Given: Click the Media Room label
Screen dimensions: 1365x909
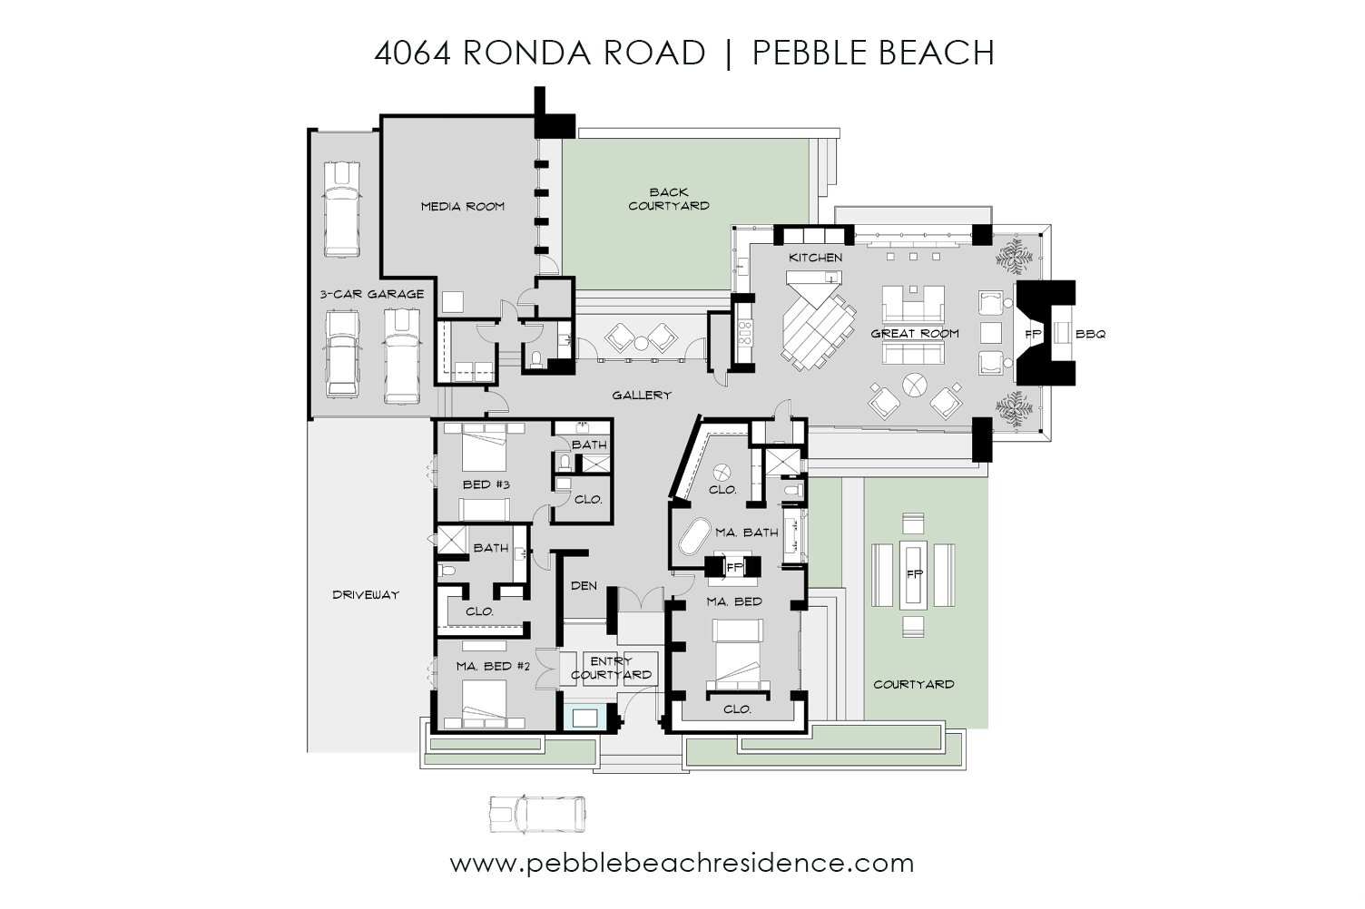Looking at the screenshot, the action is click(x=463, y=207).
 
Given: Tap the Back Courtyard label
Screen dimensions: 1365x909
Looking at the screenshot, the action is click(x=669, y=200).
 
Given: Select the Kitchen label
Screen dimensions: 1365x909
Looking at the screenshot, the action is click(x=815, y=258).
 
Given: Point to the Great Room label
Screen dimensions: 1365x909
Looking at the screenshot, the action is click(x=914, y=333).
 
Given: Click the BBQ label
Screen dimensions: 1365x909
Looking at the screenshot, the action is click(x=1090, y=334).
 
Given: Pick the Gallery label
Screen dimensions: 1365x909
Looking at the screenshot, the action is click(x=642, y=396).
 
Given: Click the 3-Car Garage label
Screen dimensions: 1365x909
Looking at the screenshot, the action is click(x=372, y=294).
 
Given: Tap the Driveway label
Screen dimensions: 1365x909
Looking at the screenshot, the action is click(x=366, y=594).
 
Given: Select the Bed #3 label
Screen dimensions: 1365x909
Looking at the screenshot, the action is click(x=486, y=485).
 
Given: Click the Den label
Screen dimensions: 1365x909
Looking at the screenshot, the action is click(x=584, y=585).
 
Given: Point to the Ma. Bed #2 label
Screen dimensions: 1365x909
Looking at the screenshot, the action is click(x=493, y=667).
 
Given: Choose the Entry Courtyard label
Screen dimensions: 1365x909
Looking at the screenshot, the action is click(x=611, y=669).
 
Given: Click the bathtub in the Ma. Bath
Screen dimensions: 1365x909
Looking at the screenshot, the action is click(x=694, y=536).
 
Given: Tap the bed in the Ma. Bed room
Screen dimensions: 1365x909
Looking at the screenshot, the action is click(x=737, y=654).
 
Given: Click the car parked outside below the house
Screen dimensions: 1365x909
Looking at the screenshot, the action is click(x=537, y=814).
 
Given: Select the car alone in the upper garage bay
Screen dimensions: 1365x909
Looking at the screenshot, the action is click(x=341, y=209).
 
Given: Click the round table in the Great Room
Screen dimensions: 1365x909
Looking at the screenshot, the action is click(x=914, y=385).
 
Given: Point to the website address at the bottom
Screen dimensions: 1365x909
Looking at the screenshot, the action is click(x=682, y=864).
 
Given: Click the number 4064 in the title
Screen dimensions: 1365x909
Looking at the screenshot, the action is click(x=412, y=53).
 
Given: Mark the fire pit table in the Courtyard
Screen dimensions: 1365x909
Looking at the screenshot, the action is click(x=913, y=573).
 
